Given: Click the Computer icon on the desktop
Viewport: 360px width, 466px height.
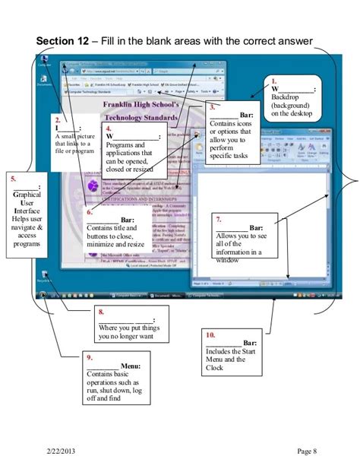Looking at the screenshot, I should click(x=45, y=60).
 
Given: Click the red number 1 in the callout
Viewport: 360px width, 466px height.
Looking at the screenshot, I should click(x=274, y=80).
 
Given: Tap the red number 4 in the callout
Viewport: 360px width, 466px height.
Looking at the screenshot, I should click(x=109, y=128).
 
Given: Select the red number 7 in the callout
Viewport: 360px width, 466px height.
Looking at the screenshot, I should click(x=219, y=218).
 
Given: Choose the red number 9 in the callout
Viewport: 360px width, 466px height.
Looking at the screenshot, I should click(x=90, y=357).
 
